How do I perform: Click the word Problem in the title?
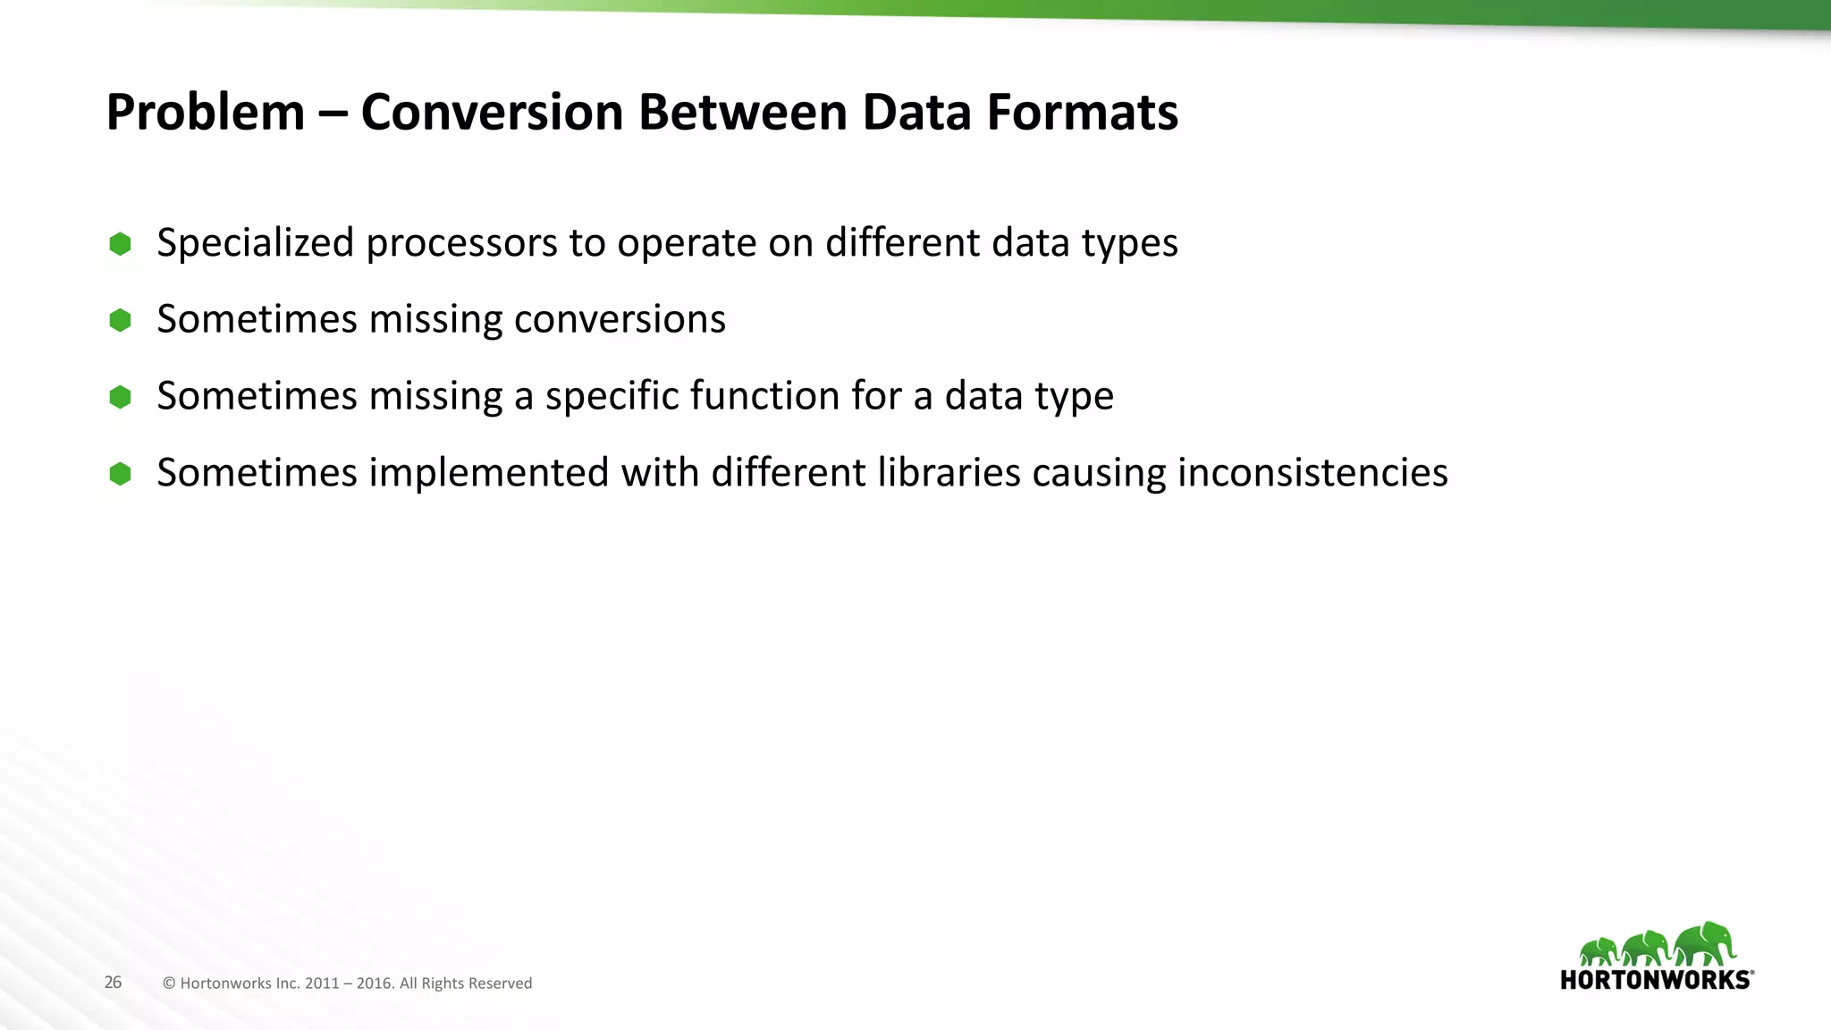pos(206,114)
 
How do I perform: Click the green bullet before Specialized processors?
pos(120,244)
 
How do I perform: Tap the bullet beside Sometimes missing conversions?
pos(120,320)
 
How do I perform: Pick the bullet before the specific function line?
pos(120,397)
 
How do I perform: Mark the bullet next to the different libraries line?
pos(120,474)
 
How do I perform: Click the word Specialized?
pos(255,244)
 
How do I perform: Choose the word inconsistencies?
pos(1312,473)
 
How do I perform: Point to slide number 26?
pos(113,983)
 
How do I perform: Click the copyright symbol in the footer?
pos(168,984)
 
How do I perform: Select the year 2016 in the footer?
pos(374,984)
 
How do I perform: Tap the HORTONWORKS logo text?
pos(1656,980)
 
